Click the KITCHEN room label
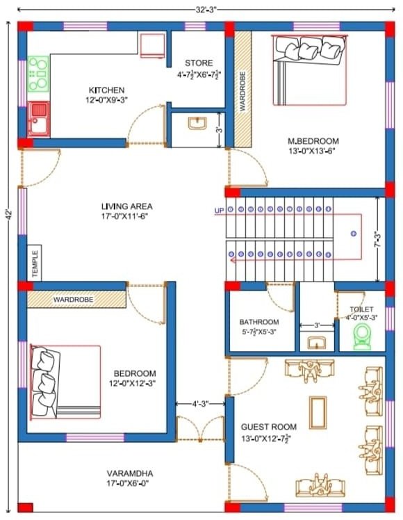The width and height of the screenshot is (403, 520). pos(107,90)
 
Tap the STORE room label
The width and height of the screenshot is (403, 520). pos(199,63)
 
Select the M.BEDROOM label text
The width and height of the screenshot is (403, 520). pos(313,141)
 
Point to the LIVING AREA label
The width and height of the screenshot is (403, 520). pos(127,206)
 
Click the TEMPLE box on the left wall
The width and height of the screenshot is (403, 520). pos(35,263)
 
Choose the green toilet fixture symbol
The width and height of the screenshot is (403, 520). pos(361,337)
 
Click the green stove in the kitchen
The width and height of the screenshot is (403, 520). pos(38,74)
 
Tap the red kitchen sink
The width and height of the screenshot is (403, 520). pos(38,119)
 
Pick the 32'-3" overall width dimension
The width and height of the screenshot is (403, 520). pos(206,10)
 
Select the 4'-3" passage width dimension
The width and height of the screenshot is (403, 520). pos(200,404)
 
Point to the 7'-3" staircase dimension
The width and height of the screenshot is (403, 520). pos(378,239)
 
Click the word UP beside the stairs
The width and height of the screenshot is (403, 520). pos(219,211)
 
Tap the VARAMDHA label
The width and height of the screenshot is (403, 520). pos(129,473)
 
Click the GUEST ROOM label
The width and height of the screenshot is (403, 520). pos(268,427)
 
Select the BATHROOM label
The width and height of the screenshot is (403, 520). pos(259,322)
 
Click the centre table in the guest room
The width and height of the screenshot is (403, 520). pos(318,413)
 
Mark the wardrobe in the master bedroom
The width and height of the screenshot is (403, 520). pos(243,89)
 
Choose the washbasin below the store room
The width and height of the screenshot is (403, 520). pos(197,123)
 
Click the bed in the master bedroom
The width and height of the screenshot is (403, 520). pos(309,70)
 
